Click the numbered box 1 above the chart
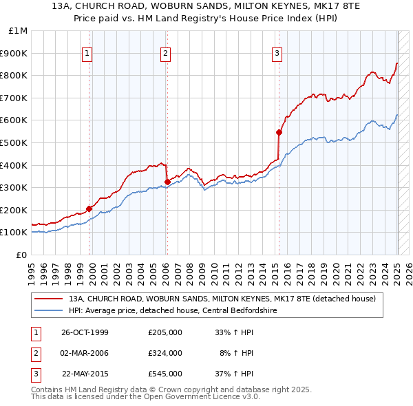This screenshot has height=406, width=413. tap(89, 54)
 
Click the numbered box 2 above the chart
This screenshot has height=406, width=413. tap(167, 54)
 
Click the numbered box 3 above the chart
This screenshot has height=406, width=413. tap(277, 54)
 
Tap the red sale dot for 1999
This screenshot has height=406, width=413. tap(89, 209)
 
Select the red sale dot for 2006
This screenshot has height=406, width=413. tap(167, 182)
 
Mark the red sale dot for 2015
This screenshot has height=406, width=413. tap(279, 132)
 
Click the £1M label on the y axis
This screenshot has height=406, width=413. tap(19, 30)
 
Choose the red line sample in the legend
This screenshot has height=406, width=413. tap(48, 299)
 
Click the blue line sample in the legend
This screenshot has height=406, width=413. tap(48, 310)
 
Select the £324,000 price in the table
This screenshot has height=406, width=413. tap(165, 353)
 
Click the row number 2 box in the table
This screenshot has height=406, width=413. tap(34, 353)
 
